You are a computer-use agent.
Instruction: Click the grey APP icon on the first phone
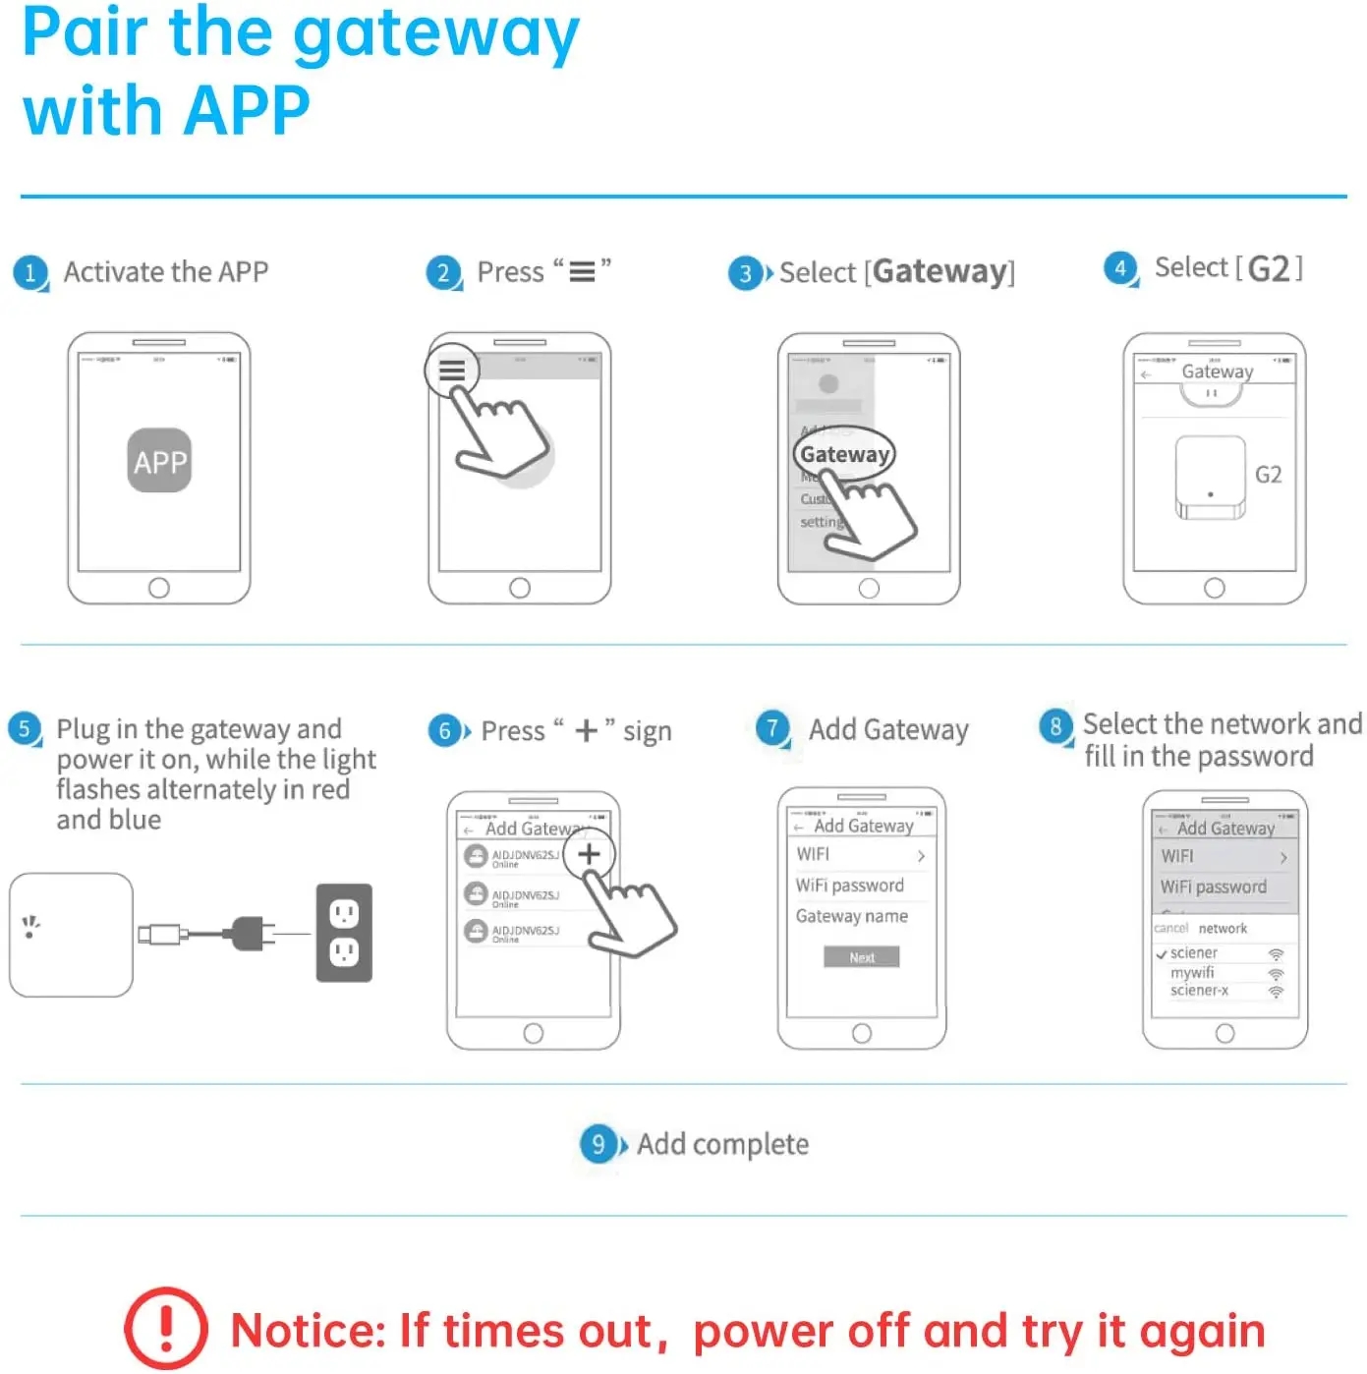click(159, 460)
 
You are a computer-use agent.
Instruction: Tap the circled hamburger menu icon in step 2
click(452, 371)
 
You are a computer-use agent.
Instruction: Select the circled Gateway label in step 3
click(844, 454)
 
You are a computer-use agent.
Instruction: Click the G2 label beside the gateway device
click(1268, 475)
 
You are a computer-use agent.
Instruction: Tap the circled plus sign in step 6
click(589, 854)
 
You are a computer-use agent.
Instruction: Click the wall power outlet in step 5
click(344, 932)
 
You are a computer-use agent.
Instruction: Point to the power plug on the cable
click(248, 933)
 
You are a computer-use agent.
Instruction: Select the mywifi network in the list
click(1192, 972)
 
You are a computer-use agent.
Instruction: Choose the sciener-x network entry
click(1199, 991)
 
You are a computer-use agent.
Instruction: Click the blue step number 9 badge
click(598, 1144)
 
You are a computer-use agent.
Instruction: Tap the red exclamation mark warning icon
click(165, 1329)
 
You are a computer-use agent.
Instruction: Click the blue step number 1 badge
click(30, 272)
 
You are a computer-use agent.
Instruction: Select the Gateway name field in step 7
click(851, 916)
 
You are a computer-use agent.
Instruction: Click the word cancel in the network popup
click(1170, 928)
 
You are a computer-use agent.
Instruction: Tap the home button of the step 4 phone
click(1214, 588)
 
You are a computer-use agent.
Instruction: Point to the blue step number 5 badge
click(25, 728)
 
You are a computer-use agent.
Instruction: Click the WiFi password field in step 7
click(849, 886)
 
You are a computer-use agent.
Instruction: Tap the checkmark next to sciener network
click(1161, 953)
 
